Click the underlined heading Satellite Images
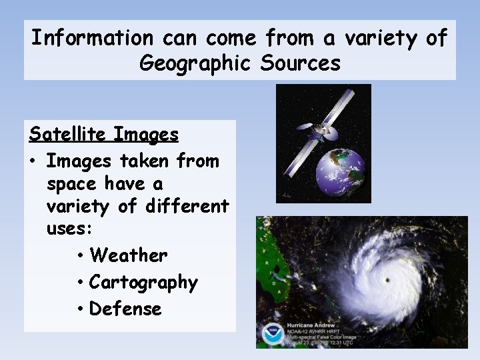(103, 135)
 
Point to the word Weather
(128, 255)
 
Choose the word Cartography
(143, 283)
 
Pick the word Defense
(125, 309)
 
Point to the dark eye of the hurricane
(386, 279)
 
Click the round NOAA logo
(273, 333)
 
